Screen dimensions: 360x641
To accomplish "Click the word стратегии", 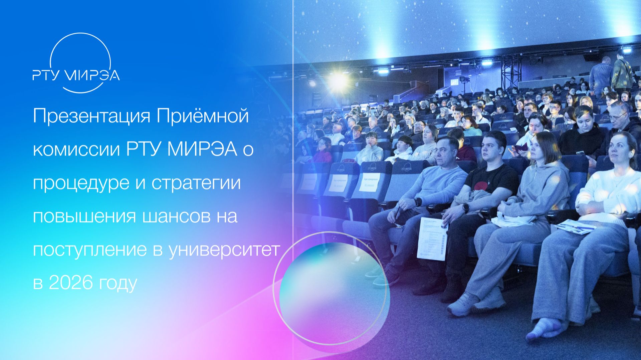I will (x=196, y=184).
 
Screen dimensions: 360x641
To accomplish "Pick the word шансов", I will (x=173, y=216).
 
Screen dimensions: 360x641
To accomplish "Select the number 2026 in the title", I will (x=70, y=283).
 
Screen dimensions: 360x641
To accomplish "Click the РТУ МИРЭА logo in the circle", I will (x=76, y=75).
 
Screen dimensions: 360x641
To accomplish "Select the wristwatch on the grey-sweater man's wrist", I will (x=418, y=202).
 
